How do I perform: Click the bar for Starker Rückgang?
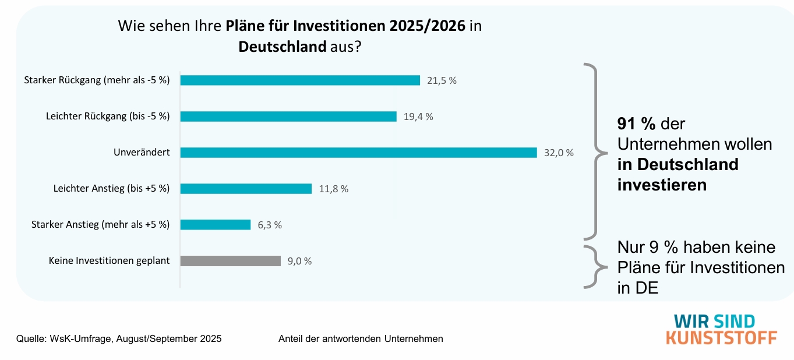tap(300, 80)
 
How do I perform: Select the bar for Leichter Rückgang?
tap(288, 117)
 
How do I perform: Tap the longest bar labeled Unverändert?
tap(358, 153)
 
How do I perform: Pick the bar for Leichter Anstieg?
tap(246, 189)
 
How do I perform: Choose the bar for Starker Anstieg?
tap(215, 225)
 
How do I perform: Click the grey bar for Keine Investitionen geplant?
tap(230, 261)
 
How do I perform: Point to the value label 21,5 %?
tap(442, 81)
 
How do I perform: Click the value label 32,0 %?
tap(559, 153)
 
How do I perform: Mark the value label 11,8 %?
tap(334, 189)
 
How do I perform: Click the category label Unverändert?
tap(142, 153)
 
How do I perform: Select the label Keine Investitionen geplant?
tap(109, 261)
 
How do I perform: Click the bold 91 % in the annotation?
tap(637, 124)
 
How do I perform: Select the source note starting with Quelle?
tap(119, 338)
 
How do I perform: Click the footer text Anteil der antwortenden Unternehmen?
tap(361, 338)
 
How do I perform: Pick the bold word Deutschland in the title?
tap(282, 47)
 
